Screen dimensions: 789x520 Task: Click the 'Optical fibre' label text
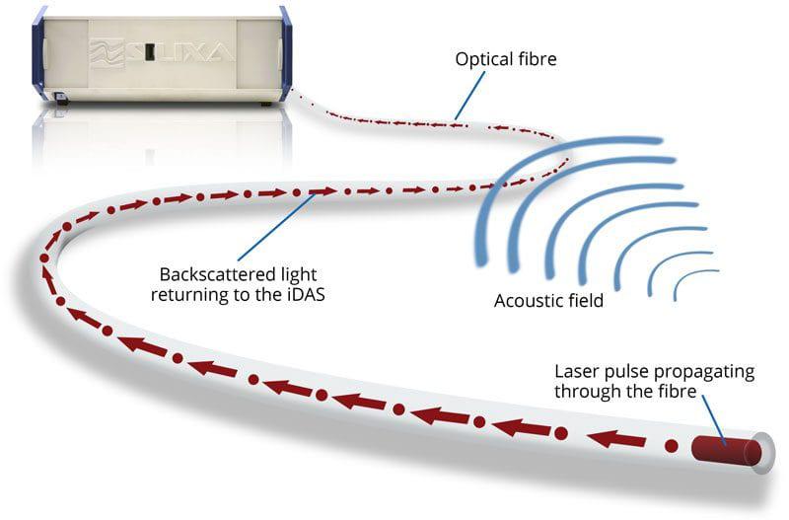tap(506, 59)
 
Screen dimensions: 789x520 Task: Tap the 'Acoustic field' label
tap(548, 301)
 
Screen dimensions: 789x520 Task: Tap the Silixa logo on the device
tap(162, 51)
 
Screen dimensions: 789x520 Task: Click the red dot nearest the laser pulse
tap(671, 445)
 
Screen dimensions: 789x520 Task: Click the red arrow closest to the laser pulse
tap(615, 439)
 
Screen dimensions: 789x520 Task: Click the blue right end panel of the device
tap(285, 53)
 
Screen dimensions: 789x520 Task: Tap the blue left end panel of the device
tap(38, 53)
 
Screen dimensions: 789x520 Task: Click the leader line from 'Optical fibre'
tap(469, 96)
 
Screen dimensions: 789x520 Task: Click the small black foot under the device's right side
tap(265, 105)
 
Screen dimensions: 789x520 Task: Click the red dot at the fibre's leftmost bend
tap(44, 259)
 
